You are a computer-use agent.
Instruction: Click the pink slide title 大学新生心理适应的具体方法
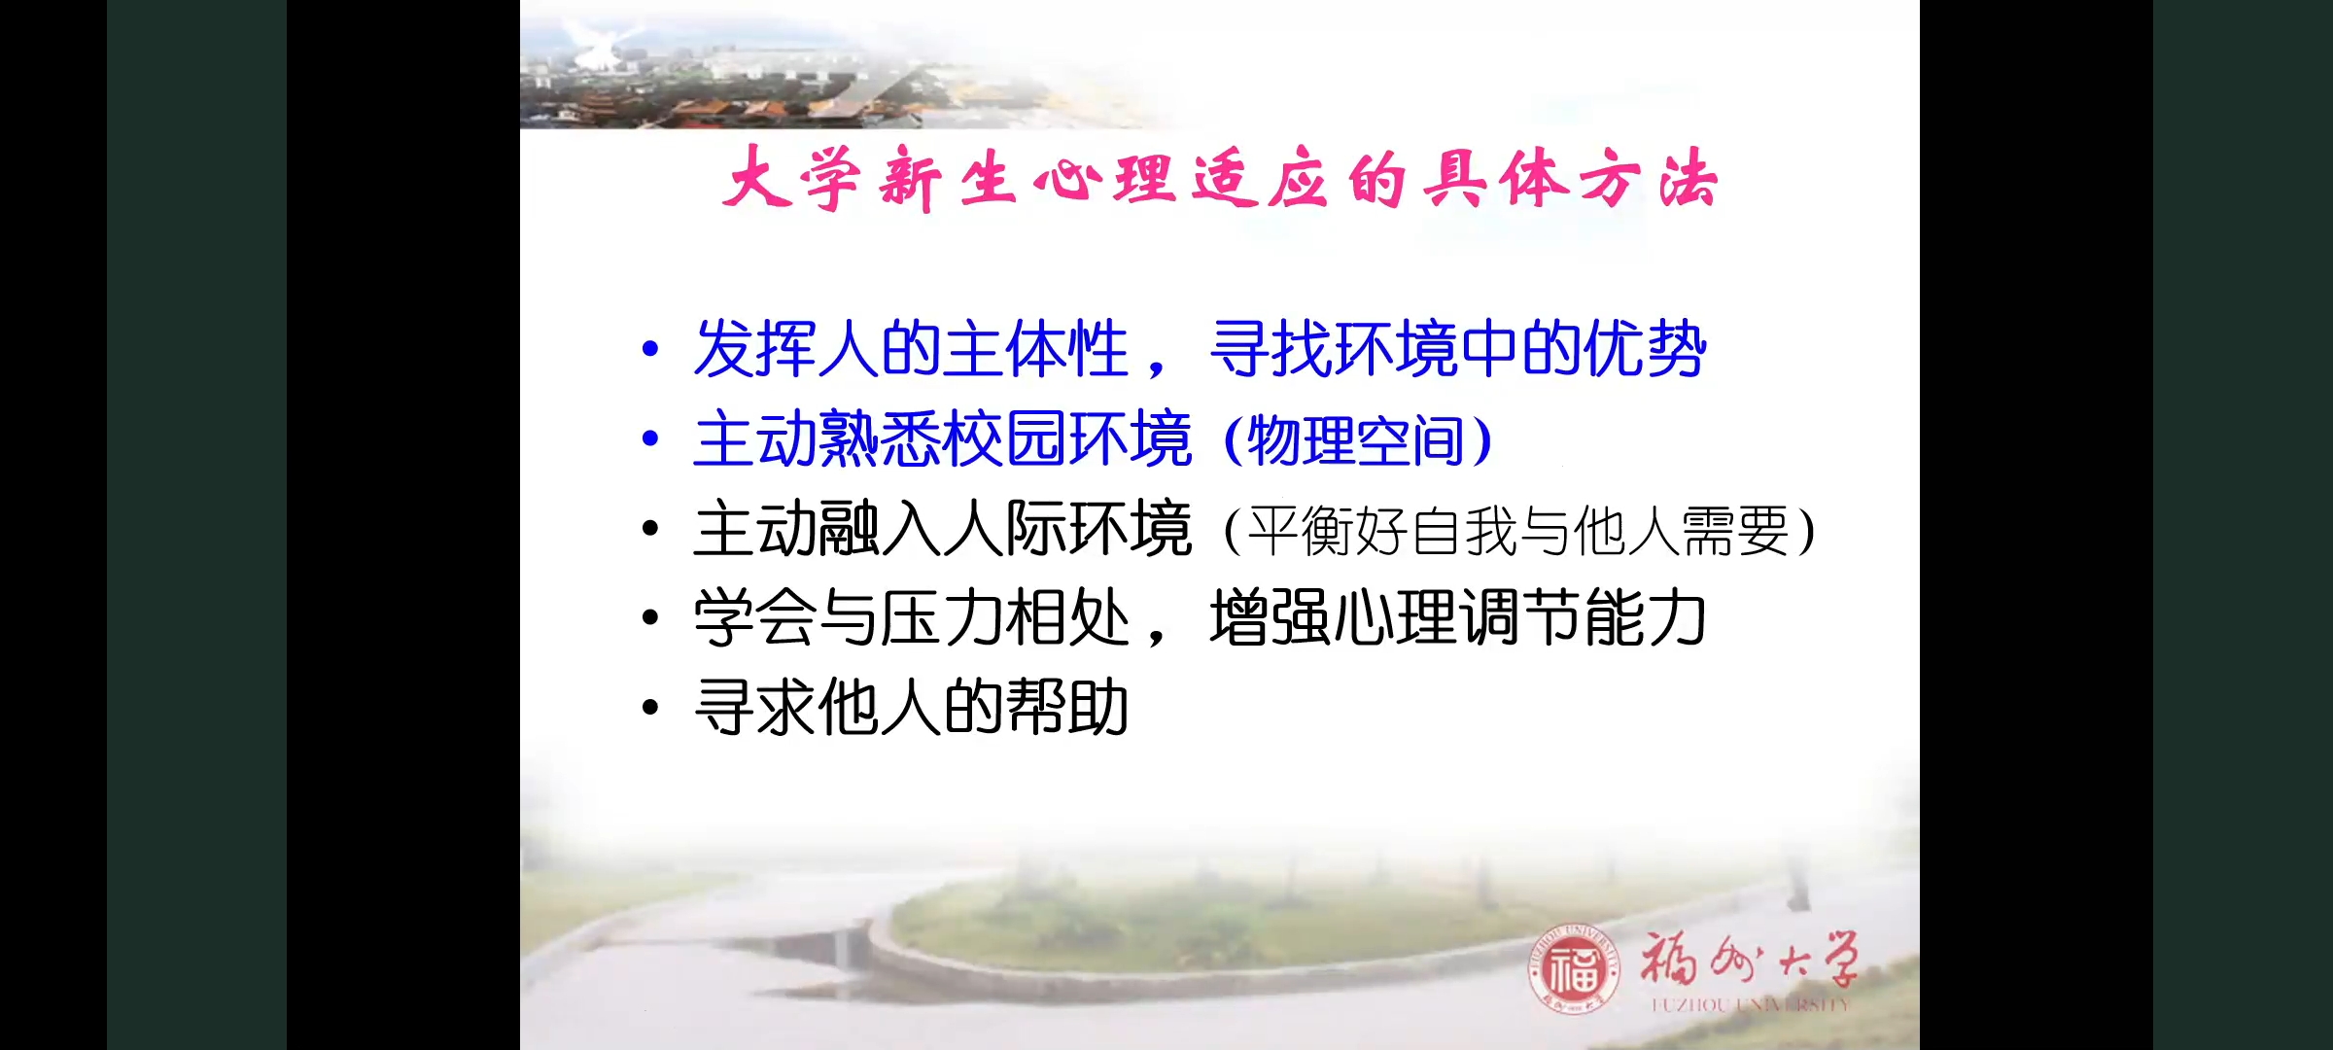[1220, 179]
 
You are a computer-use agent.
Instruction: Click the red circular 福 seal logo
[1574, 969]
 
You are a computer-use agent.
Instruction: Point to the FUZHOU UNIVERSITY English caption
[1750, 1004]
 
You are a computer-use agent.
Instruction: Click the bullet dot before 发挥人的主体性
[650, 349]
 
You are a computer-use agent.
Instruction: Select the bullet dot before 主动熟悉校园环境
[650, 438]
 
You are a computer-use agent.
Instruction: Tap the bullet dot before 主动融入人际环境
[650, 528]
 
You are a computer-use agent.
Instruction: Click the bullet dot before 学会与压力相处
[650, 617]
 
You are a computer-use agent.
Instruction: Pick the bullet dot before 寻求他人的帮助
[650, 707]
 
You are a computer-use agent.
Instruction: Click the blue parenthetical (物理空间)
[1358, 440]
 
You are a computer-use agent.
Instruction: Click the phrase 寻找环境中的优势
[1458, 349]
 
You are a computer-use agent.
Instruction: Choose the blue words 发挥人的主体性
[912, 349]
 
